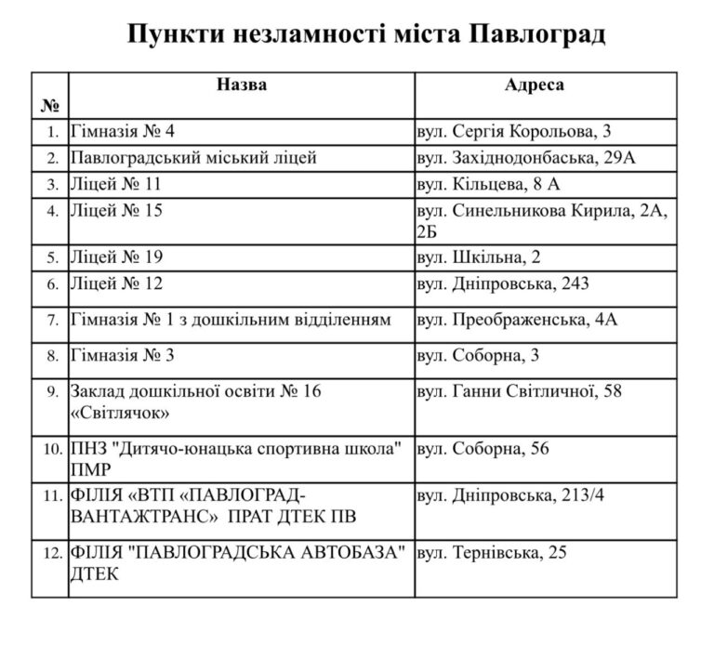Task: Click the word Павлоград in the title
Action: coord(537,35)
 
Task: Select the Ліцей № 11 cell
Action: coord(115,184)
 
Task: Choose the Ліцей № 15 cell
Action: coord(115,211)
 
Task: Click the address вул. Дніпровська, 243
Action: coord(502,283)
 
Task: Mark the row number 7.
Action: coord(52,321)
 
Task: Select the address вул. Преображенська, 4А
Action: coord(517,321)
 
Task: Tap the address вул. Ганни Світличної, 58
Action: coord(520,391)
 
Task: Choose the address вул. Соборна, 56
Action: coord(483,449)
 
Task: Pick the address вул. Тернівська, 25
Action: coord(492,553)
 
